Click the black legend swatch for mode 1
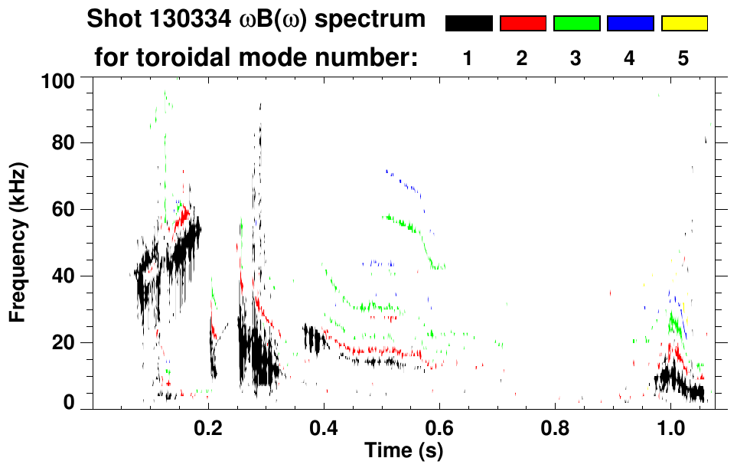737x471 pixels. tap(468, 24)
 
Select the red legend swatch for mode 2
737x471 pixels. tap(523, 24)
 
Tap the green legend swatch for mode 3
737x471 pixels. tap(576, 24)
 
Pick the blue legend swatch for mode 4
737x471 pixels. tap(630, 24)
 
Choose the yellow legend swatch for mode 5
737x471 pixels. tap(684, 24)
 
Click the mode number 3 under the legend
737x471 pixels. tap(576, 58)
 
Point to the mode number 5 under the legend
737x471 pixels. tap(684, 58)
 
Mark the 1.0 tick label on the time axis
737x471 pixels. tap(671, 427)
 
